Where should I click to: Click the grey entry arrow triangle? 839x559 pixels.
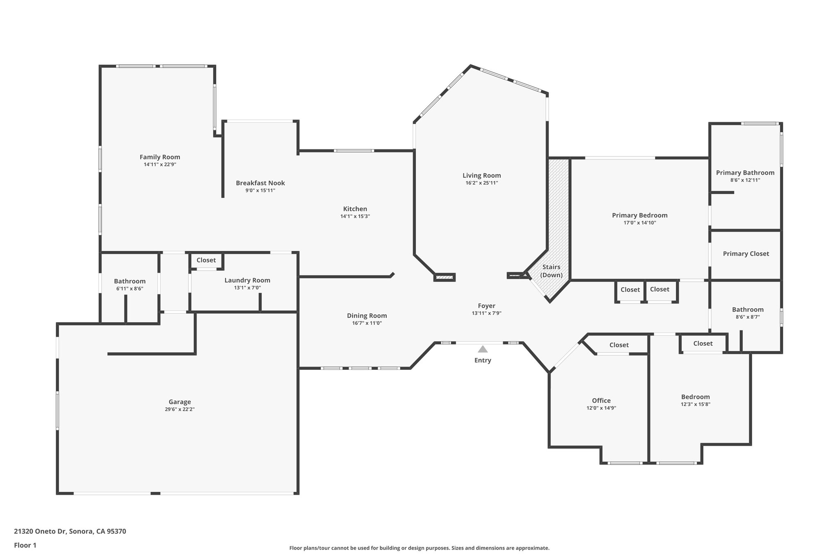coord(483,349)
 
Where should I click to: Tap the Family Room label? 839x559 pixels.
coord(160,157)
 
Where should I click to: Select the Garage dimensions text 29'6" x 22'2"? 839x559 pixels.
coord(180,409)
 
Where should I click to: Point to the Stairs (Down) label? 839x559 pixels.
coord(551,271)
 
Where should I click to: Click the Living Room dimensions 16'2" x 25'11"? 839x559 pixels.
coord(482,183)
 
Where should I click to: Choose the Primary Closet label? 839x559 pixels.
coord(746,254)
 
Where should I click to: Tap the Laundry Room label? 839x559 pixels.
coord(247,281)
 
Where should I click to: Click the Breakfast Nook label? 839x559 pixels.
coord(261,183)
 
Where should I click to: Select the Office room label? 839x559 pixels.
coord(601,401)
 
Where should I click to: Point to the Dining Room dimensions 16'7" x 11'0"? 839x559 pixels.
coord(367,323)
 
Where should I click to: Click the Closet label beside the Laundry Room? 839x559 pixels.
coord(206,260)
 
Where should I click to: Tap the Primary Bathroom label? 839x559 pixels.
coord(745,173)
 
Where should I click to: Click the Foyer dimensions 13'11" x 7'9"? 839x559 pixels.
coord(487,313)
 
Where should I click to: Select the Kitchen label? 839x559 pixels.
coord(355,209)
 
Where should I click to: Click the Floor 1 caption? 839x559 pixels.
coord(25,545)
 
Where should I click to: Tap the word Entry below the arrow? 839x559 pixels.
coord(483,360)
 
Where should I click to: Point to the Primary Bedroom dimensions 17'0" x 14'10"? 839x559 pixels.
coord(640,223)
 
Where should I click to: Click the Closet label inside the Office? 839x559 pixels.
coord(619,345)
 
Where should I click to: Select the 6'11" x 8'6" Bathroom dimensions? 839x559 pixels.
coord(130,289)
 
